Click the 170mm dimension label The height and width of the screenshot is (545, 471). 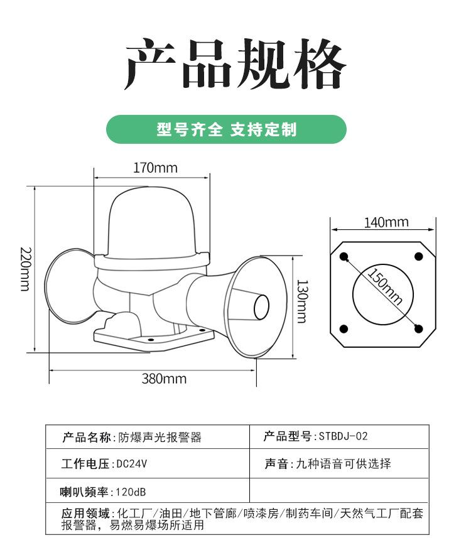coord(155,168)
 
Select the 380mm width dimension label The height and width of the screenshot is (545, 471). coord(164,378)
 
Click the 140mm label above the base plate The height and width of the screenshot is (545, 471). coord(386,222)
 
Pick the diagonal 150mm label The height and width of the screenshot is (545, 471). coord(385,286)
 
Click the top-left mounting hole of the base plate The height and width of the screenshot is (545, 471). coord(344,256)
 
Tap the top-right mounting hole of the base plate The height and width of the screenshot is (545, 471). coord(419,256)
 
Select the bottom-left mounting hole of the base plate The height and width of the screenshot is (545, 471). coord(344,329)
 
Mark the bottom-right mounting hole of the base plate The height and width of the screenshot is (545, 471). coord(419,329)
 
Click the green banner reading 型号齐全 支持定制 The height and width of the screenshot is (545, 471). coord(226,130)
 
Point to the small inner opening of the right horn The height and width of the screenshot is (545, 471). coord(261,306)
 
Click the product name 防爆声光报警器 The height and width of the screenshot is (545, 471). coord(160,437)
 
